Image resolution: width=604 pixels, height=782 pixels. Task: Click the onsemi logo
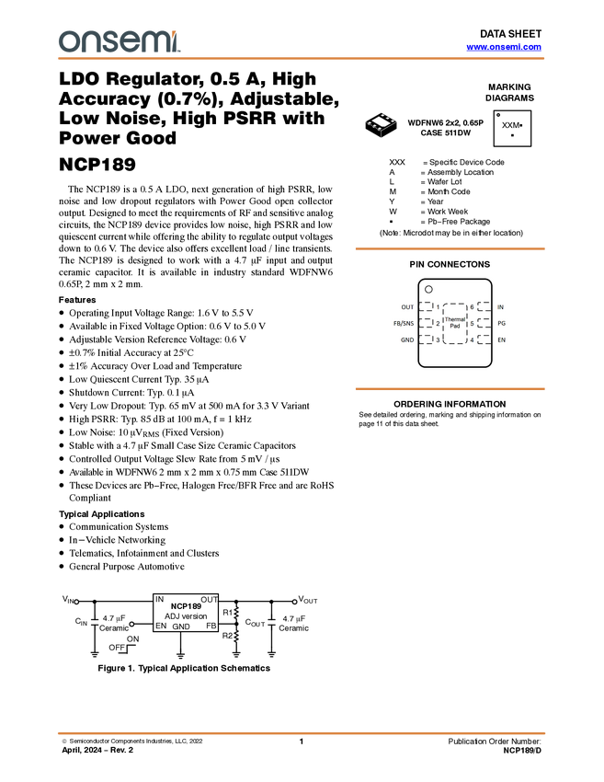[119, 41]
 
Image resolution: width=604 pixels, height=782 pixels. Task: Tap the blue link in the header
[504, 47]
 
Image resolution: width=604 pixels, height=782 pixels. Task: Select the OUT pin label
[407, 307]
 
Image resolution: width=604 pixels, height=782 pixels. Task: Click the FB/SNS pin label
[404, 324]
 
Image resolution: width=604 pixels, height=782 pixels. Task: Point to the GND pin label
[406, 340]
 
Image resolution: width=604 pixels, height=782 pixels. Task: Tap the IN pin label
[500, 307]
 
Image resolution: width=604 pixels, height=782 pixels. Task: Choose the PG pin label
[501, 324]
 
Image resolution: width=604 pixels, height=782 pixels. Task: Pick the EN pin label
[501, 340]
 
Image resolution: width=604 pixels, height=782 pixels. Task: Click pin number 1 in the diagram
[438, 307]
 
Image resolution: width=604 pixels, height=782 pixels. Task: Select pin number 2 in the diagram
[438, 324]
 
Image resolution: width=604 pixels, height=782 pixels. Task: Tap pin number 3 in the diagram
[438, 340]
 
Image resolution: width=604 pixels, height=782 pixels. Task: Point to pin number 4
[472, 340]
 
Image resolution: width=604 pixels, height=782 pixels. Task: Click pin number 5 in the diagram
[472, 324]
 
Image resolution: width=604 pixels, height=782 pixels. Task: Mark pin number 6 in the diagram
[472, 307]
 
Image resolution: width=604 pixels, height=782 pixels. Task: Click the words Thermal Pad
[454, 323]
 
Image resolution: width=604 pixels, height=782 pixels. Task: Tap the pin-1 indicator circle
[428, 289]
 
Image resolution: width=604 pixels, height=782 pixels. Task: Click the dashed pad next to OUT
[426, 306]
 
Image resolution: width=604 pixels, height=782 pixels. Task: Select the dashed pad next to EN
[484, 339]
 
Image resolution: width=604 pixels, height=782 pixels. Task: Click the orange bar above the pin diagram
[450, 248]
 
